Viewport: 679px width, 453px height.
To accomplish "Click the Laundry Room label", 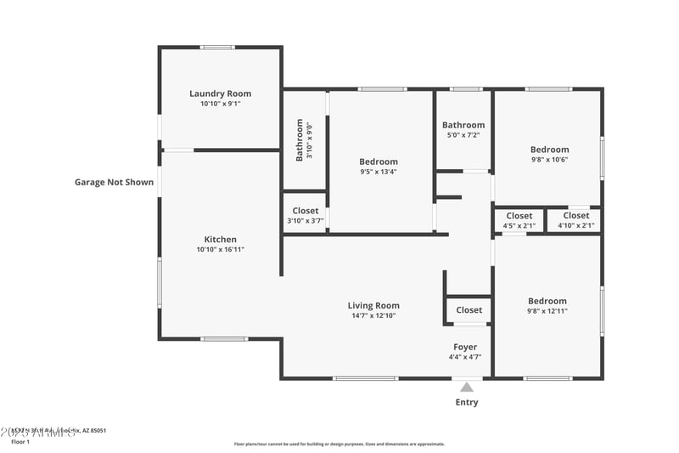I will click(x=220, y=93).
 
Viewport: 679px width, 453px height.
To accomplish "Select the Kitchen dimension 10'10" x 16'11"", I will click(x=220, y=250).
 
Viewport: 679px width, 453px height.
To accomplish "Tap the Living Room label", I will click(x=373, y=305).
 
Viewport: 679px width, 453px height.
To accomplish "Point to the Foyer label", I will click(x=464, y=347).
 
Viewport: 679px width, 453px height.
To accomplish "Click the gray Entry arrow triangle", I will click(x=466, y=387).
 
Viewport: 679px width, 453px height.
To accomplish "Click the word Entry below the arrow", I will click(x=466, y=402).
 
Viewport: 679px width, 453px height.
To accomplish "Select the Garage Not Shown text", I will click(x=114, y=182).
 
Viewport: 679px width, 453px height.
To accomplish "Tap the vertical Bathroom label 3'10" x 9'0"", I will click(x=300, y=140).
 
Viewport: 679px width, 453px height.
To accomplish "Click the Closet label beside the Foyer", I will click(x=469, y=310).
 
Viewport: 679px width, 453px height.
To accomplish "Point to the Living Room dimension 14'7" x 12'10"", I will click(x=373, y=315).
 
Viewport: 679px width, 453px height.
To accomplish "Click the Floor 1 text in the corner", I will click(x=20, y=442).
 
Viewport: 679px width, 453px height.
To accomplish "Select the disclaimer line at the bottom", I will click(x=339, y=444).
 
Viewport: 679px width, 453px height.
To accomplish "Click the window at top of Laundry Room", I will click(x=217, y=48).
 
